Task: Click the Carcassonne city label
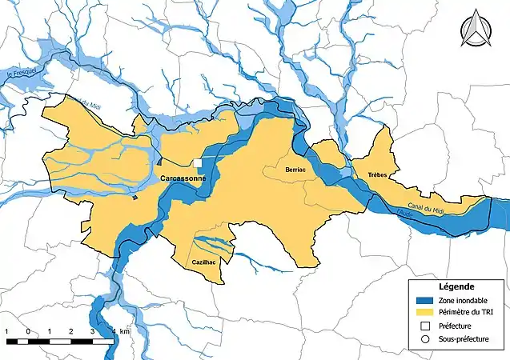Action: [x=183, y=178]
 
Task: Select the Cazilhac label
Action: [x=204, y=262]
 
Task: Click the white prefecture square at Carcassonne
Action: [x=197, y=163]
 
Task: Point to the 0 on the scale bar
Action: [x=29, y=330]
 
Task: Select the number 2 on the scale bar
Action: [x=71, y=330]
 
